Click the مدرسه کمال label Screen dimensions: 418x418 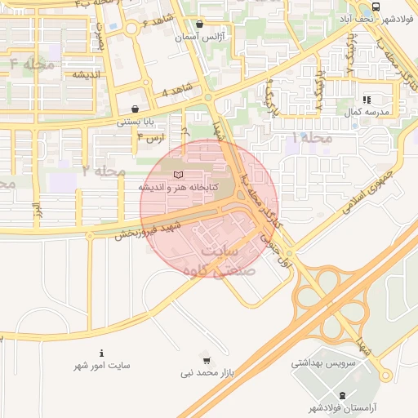click(372, 111)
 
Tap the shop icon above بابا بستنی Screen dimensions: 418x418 click(135, 109)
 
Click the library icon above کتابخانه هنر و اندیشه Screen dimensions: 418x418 click(180, 174)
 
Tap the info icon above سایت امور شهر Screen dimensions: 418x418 click(100, 354)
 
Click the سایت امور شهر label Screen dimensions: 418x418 click(101, 366)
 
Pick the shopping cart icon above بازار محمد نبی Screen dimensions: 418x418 click(207, 360)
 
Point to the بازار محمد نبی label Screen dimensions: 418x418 click(207, 373)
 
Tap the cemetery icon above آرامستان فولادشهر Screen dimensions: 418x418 click(341, 396)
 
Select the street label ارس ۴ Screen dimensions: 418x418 click(151, 137)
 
